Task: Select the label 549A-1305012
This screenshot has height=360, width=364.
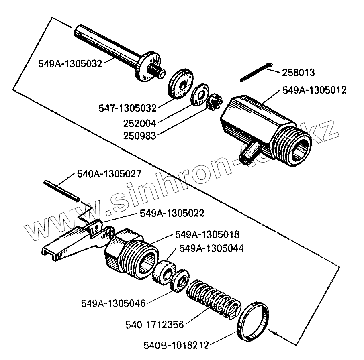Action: point(314,90)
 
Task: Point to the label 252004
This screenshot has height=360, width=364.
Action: point(139,122)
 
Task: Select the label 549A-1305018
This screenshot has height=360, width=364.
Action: point(207,234)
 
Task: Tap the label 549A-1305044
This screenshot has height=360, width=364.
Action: point(211,248)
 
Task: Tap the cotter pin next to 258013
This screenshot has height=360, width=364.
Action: point(257,73)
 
